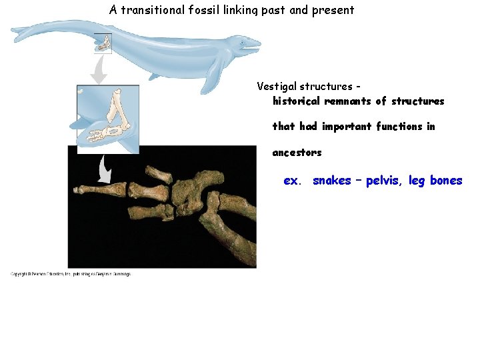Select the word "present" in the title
[x=333, y=10]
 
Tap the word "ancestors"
[x=297, y=153]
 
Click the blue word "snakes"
[x=331, y=181]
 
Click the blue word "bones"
[x=446, y=181]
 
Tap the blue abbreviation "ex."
[x=292, y=181]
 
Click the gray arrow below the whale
[x=99, y=70]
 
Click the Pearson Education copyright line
[x=71, y=274]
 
